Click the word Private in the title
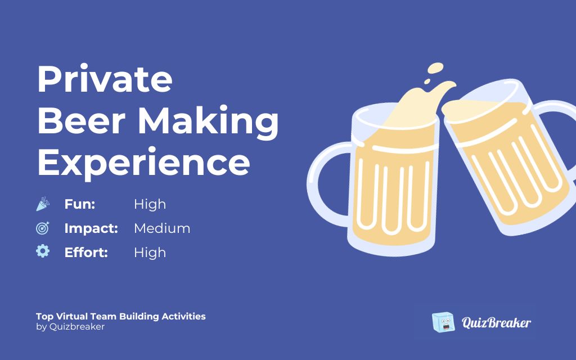(105, 79)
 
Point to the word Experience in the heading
(143, 162)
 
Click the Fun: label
(79, 204)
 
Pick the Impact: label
(91, 228)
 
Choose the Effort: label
(86, 253)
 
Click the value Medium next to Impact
(162, 228)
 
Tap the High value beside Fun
(150, 204)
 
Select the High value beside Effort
(150, 253)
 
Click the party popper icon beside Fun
(43, 204)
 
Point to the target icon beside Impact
(43, 228)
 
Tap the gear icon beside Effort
(43, 251)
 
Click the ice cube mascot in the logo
(443, 322)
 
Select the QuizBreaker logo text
(496, 323)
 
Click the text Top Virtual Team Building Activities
(121, 316)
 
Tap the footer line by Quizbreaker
(70, 327)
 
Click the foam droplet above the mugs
(435, 69)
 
